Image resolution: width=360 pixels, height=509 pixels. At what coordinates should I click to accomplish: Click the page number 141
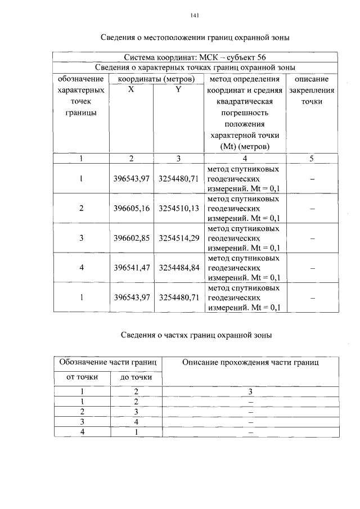coord(195,15)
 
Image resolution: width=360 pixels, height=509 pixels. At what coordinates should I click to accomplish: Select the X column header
coord(131,90)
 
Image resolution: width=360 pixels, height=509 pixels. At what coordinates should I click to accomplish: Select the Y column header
coord(178,90)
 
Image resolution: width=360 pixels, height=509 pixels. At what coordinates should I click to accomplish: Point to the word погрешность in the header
coord(244,112)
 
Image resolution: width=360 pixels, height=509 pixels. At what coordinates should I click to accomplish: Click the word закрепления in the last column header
coord(311,90)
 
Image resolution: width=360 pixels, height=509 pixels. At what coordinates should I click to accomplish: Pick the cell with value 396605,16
coord(131,209)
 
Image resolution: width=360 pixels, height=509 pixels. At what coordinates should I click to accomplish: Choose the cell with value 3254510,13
coord(179,209)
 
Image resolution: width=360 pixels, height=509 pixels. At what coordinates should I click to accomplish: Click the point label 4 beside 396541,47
coord(82,268)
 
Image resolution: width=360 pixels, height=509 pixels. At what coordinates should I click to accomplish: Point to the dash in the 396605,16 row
coord(311,209)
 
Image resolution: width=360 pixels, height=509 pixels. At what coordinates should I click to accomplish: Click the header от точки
coord(82,377)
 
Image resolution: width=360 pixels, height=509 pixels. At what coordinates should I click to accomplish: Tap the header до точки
coord(136,377)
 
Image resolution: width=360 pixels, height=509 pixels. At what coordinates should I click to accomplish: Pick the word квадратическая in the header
coord(244,101)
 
